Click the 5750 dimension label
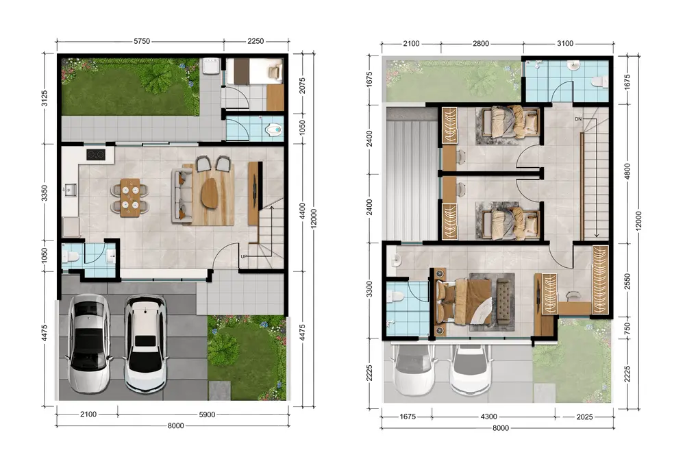point(142,41)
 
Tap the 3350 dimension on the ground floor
point(44,193)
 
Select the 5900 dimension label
point(207,414)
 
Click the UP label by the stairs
point(244,256)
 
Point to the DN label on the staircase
point(578,119)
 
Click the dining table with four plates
point(129,197)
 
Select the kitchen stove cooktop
point(96,155)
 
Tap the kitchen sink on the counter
point(70,190)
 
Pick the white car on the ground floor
point(145,344)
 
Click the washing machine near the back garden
point(210,66)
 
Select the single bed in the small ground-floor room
point(254,71)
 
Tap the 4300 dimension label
point(489,417)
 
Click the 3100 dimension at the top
point(565,43)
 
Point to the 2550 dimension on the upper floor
point(627,282)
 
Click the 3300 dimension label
point(370,290)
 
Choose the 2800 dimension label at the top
point(481,43)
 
